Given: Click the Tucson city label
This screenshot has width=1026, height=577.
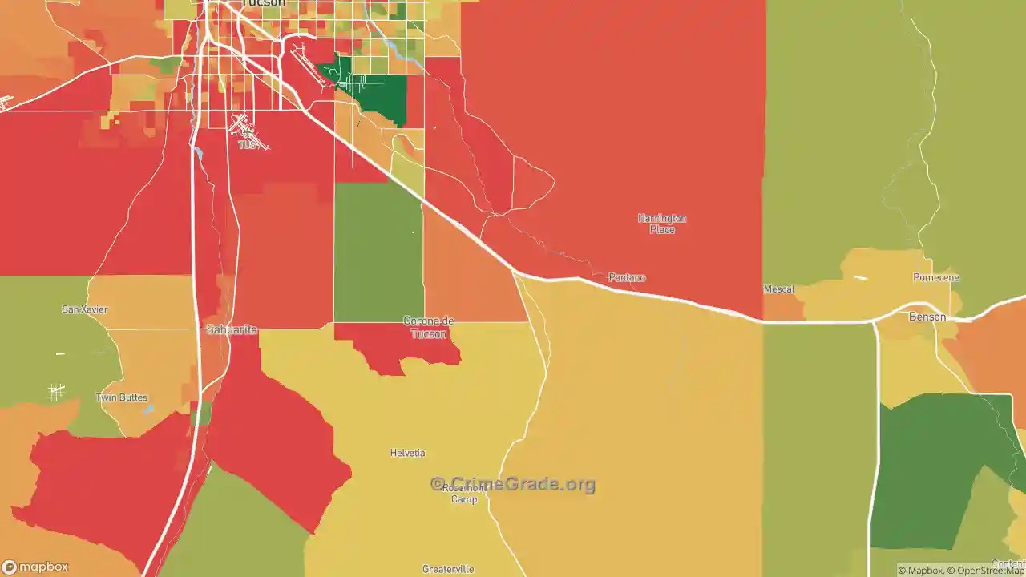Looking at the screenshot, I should [262, 3].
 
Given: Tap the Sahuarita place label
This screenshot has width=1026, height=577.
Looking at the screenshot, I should [232, 329].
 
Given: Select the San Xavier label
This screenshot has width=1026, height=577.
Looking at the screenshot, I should [85, 309].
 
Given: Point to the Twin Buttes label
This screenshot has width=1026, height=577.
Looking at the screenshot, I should [122, 397].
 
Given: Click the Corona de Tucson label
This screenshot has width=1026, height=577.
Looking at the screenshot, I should [428, 327].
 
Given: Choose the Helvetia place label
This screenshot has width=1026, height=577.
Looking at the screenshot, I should [407, 453].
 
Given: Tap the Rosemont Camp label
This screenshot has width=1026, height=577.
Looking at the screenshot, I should [463, 493].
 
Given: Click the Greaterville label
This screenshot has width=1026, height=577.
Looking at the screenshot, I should [448, 570].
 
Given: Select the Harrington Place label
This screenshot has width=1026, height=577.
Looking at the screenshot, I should [662, 224].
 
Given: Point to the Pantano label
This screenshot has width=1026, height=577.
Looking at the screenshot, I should [627, 277].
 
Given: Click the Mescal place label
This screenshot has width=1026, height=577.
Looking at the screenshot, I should [779, 289].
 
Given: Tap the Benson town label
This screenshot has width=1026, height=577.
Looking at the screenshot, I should [927, 317].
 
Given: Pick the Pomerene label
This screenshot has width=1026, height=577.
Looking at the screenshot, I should [936, 277].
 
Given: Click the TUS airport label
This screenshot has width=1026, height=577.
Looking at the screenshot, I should [248, 145].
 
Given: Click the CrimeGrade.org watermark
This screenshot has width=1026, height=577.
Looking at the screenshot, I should [513, 484].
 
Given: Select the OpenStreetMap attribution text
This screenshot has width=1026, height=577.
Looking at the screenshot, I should [986, 571].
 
